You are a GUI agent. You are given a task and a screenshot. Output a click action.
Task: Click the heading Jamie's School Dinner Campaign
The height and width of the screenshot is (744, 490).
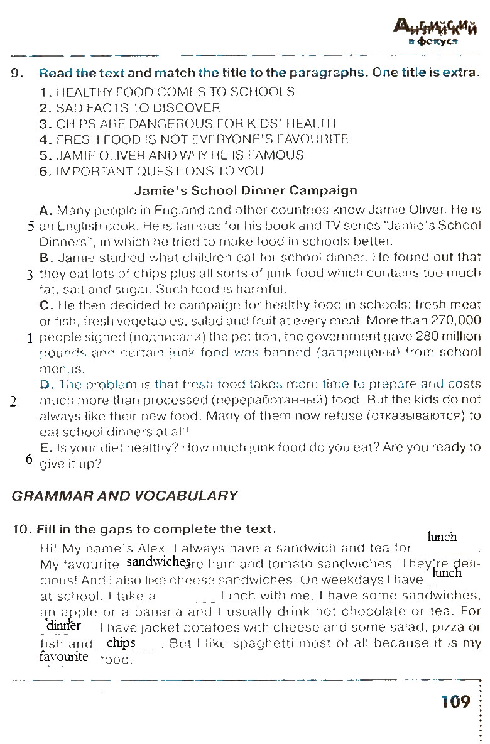click(x=246, y=190)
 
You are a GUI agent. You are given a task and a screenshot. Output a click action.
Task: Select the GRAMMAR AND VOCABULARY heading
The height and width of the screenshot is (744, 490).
click(x=126, y=495)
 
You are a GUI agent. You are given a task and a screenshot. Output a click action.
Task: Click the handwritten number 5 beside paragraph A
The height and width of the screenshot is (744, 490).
click(x=30, y=226)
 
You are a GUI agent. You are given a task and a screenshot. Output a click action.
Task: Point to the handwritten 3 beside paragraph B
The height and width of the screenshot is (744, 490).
click(x=30, y=274)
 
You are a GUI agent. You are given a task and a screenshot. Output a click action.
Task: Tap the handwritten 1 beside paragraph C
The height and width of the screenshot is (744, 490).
click(x=30, y=337)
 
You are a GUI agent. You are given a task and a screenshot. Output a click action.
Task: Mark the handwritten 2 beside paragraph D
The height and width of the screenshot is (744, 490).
click(x=14, y=402)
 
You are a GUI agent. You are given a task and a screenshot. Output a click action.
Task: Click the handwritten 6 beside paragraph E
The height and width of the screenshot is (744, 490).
click(x=30, y=459)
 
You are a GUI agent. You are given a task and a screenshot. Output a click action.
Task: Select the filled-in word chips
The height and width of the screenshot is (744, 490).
click(x=121, y=643)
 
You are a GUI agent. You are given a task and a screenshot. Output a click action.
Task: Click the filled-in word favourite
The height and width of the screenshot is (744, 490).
click(x=63, y=657)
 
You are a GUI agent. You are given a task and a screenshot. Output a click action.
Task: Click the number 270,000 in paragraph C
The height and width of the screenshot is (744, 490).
click(x=453, y=320)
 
